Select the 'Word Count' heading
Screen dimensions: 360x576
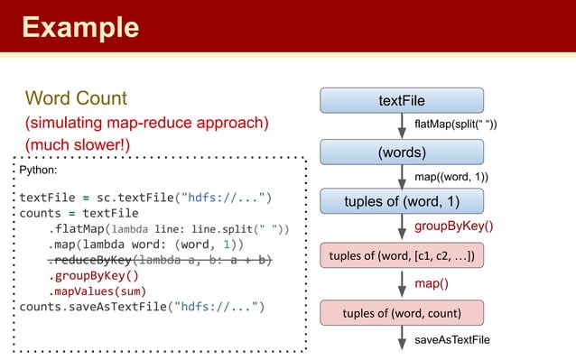76,97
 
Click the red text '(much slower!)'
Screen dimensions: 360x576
78,143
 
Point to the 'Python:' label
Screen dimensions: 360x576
39,170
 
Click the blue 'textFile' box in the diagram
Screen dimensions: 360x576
401,100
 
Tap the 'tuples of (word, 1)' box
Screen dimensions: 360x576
401,201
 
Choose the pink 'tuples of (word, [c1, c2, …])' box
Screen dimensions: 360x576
401,255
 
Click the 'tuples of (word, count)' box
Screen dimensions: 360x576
401,313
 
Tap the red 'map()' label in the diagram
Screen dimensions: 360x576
432,284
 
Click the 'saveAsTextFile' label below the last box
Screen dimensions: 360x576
452,340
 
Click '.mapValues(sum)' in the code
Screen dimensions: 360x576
97,291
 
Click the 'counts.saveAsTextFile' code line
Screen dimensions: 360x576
141,307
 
